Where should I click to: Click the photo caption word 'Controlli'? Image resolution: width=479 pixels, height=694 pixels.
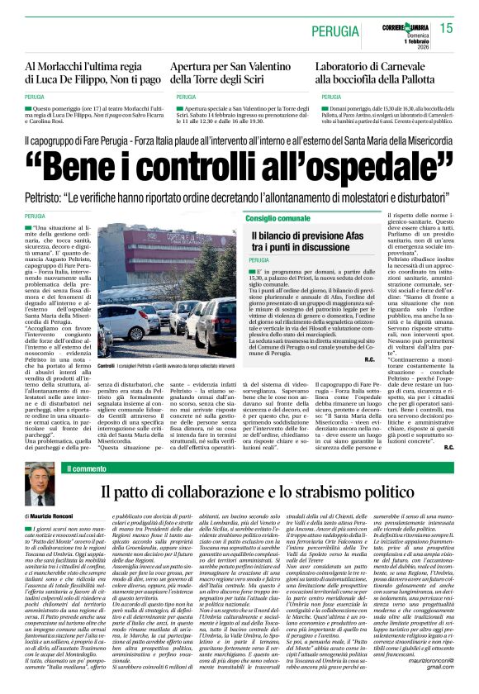tap(107, 364)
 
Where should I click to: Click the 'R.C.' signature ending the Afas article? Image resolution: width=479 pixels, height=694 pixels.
tap(344, 359)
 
